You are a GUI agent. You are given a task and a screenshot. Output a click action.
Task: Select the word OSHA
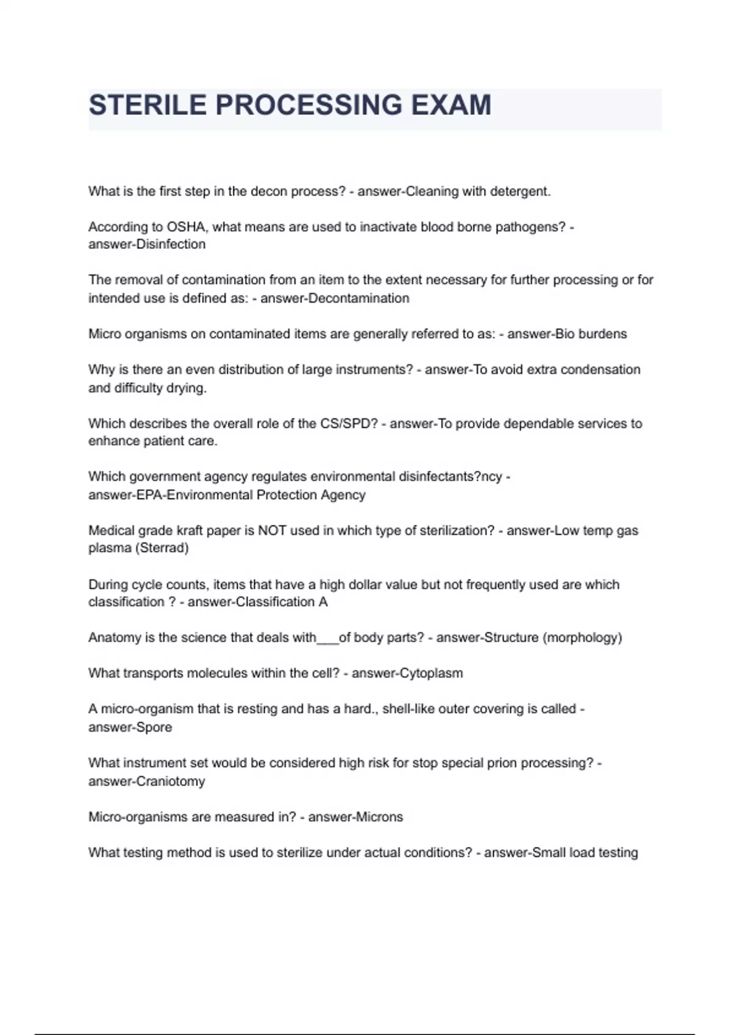pyautogui.click(x=187, y=227)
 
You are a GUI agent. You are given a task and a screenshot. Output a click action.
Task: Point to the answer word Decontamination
pyautogui.click(x=359, y=298)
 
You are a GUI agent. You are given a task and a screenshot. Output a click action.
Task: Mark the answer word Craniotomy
pyautogui.click(x=170, y=782)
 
